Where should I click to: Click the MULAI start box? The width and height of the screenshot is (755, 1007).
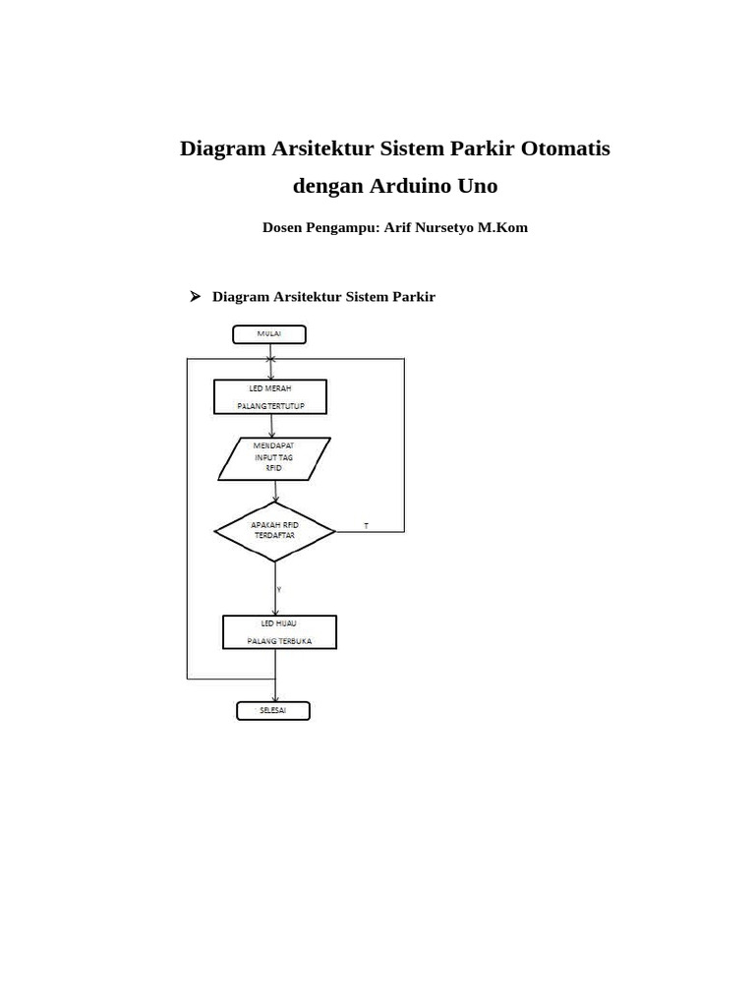click(268, 334)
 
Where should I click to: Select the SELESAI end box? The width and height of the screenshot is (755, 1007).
click(272, 710)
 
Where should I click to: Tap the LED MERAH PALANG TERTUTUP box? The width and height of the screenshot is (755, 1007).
click(269, 396)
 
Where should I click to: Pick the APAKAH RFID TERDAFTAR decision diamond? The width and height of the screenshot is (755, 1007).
click(274, 532)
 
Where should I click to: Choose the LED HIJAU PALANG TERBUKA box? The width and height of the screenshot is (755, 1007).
click(279, 632)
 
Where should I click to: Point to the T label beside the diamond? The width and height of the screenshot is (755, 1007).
click(367, 526)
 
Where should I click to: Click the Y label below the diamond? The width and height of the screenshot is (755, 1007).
click(279, 589)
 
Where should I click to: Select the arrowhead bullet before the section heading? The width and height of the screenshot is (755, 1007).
click(195, 296)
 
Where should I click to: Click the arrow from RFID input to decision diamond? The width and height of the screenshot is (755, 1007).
click(274, 492)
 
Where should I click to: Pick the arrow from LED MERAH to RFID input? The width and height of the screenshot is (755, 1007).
click(271, 425)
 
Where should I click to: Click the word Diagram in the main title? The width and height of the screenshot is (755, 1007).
click(222, 148)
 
